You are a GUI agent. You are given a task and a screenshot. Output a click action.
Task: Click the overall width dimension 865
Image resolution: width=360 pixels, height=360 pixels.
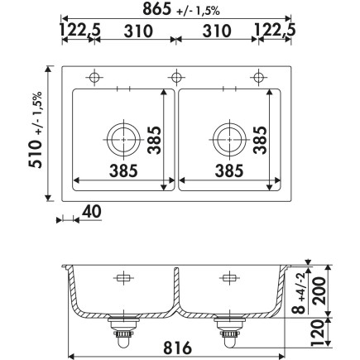(x=157, y=9)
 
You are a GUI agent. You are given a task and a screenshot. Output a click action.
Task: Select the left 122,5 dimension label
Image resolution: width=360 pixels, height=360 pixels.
(x=80, y=31)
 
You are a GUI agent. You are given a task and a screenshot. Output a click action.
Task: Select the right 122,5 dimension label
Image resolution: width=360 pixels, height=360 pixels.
(x=275, y=30)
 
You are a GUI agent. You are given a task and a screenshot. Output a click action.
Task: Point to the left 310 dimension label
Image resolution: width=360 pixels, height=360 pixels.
(x=138, y=31)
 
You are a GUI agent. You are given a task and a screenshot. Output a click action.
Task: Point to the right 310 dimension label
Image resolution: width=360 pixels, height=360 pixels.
(x=217, y=31)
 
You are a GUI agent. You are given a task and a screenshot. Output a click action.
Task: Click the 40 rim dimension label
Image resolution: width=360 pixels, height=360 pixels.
(x=92, y=212)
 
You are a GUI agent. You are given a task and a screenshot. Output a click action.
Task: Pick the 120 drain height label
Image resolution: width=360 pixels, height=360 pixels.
(x=317, y=333)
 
